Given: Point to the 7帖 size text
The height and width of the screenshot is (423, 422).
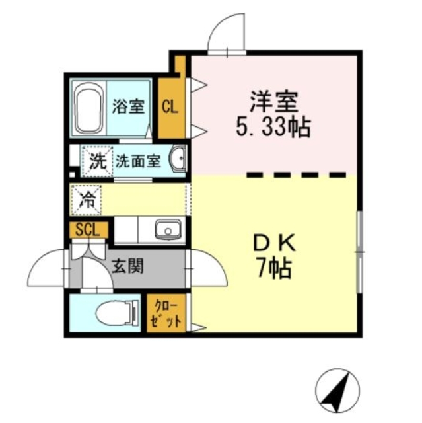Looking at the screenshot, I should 273,268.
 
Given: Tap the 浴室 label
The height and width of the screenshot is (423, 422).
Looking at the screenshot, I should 128,106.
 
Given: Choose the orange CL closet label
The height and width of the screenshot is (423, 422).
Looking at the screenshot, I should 170,107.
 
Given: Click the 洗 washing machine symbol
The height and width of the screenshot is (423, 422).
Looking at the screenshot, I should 97,160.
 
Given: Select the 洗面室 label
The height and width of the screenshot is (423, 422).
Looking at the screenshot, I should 137,161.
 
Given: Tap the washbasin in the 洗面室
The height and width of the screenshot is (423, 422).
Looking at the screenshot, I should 178,159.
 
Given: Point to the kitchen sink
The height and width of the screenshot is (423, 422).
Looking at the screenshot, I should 168,231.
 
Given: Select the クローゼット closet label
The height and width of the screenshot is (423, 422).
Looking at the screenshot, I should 164,313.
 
